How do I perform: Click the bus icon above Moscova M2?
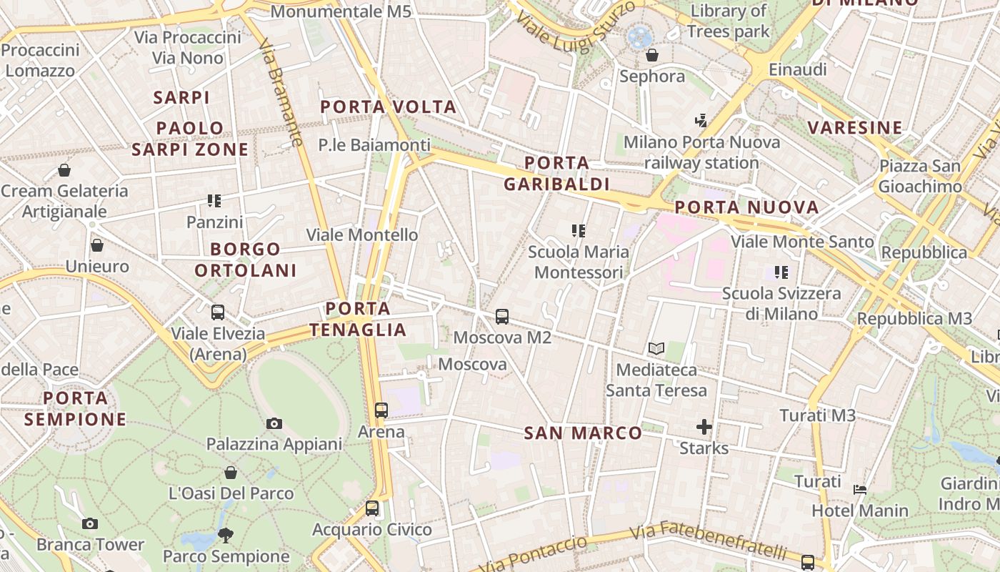pos(502,316)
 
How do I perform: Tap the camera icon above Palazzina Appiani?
pos(274,423)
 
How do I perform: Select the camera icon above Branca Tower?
pos(89,523)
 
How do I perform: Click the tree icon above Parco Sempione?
pos(226,535)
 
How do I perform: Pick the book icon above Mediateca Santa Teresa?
pos(656,349)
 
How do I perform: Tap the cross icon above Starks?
pos(704,427)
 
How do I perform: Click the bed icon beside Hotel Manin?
pos(860,490)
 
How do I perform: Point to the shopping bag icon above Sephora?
pos(651,55)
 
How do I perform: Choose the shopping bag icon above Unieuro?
pos(97,245)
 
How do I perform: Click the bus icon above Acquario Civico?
pos(372,508)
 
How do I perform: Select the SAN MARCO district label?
pos(583,433)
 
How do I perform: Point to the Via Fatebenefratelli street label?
pos(708,541)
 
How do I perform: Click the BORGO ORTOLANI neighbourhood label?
pos(246,260)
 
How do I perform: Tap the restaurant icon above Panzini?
pos(214,201)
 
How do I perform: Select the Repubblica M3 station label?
pos(914,318)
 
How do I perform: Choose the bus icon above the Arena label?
pos(381,410)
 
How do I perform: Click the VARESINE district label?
pos(855,128)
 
